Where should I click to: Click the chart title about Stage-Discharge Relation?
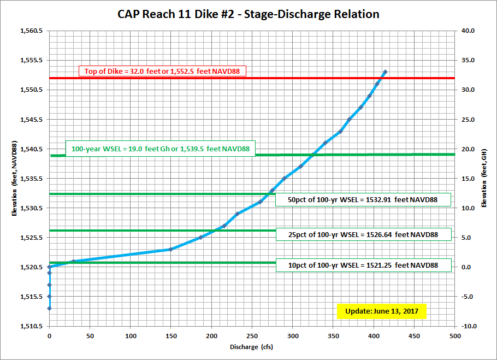[248, 14]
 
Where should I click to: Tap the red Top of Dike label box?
[163, 71]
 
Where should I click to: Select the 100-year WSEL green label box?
[160, 149]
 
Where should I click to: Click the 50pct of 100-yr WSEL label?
[363, 199]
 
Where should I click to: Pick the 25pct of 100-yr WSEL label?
[363, 234]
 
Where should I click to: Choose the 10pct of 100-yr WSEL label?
[363, 265]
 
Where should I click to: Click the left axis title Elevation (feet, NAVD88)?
[15, 178]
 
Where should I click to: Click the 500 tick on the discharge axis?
[454, 336]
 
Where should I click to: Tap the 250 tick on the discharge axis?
[252, 336]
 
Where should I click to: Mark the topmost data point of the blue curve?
[385, 72]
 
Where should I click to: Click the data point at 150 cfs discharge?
[171, 249]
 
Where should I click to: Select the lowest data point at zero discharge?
[49, 309]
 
